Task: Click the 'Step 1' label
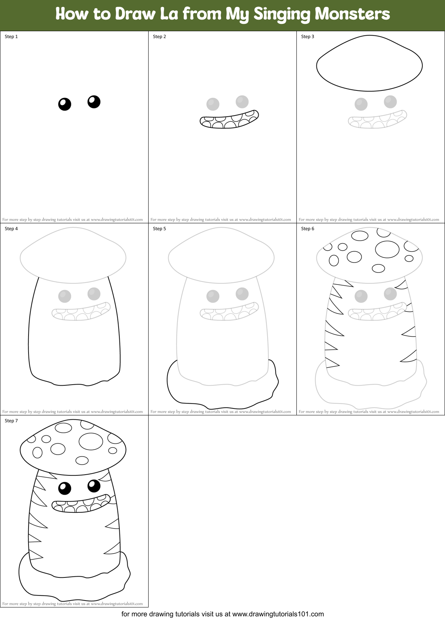click(x=11, y=37)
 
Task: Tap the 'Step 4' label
click(x=11, y=229)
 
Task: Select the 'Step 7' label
click(x=11, y=421)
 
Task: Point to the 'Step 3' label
click(x=308, y=37)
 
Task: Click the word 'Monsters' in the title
click(x=352, y=14)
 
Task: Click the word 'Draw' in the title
click(x=135, y=14)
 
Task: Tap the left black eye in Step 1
click(x=65, y=104)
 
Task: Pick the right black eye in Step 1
click(x=94, y=102)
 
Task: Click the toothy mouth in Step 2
click(x=229, y=119)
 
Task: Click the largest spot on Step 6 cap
click(x=387, y=249)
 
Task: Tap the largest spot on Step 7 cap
click(x=91, y=441)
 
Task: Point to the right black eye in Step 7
click(x=94, y=486)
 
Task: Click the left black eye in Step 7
click(x=65, y=488)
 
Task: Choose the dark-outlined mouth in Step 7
click(x=81, y=504)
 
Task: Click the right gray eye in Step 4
click(x=94, y=294)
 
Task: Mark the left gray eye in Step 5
click(x=213, y=296)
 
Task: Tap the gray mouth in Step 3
click(x=377, y=119)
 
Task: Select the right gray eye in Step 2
click(x=242, y=102)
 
